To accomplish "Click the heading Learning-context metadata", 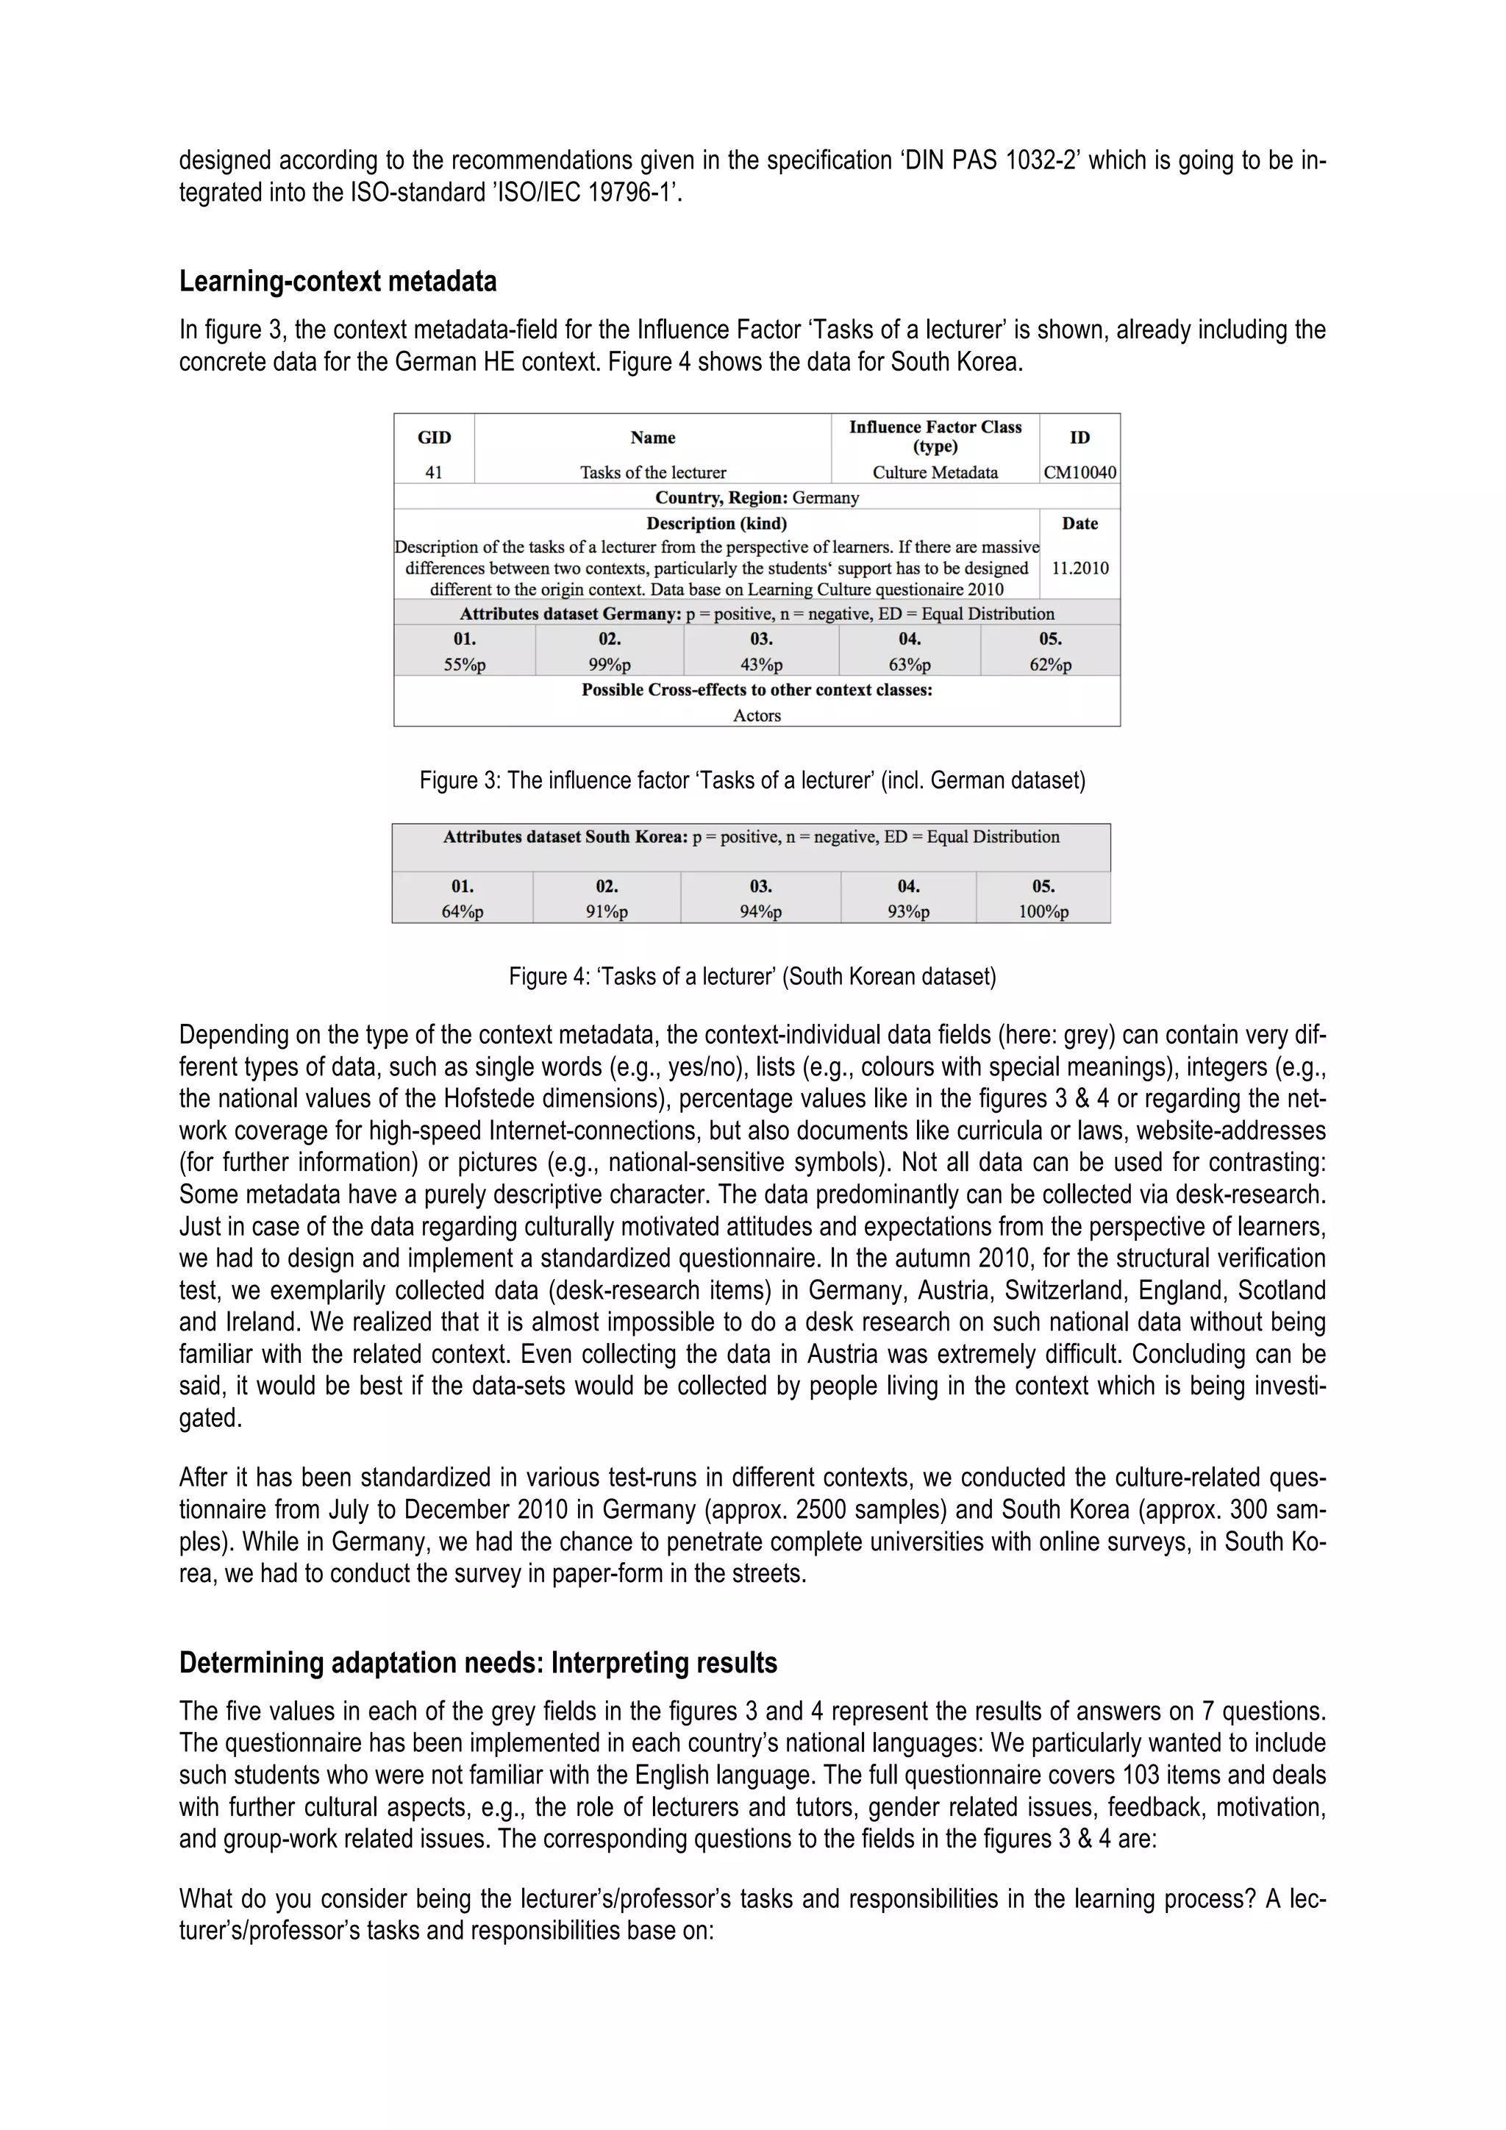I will pos(338,281).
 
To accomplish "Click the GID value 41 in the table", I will pos(433,472).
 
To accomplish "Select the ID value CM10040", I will pos(1079,472).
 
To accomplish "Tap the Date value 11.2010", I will pos(1079,568).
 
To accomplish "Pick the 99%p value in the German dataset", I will pos(610,664).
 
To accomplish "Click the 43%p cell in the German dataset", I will pos(760,664).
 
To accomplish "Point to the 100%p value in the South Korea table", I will pos(1043,911).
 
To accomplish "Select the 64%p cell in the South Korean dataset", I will pos(462,911).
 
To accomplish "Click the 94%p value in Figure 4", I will pos(760,911).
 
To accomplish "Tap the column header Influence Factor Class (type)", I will pos(935,436).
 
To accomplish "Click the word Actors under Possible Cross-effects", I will pos(757,715).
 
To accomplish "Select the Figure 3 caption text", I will pos(752,780).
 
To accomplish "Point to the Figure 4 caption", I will pos(752,976).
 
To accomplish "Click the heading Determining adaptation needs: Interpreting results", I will pos(477,1662).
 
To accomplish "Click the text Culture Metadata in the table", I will pos(935,472).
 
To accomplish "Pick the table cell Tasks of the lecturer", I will pos(653,472).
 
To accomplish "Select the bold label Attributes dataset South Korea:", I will pos(565,837).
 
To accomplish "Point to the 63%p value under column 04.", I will pos(909,664).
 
